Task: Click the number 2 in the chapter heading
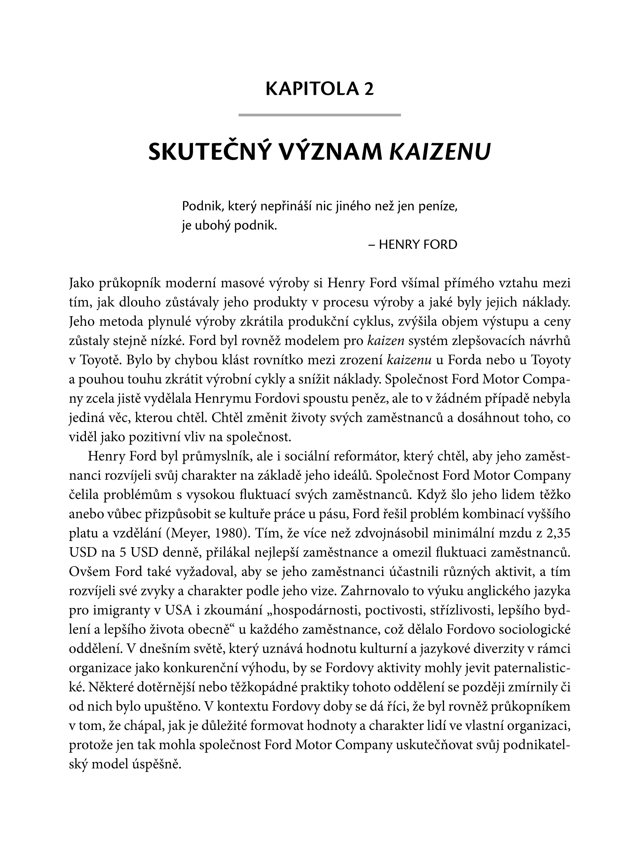coord(368,89)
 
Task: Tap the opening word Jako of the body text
coord(82,284)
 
